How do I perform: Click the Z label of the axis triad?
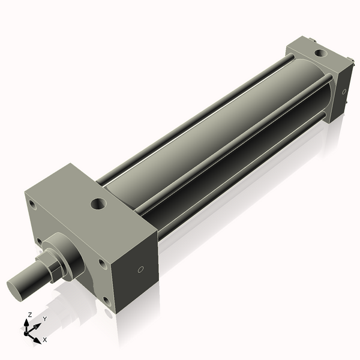(x=30, y=314)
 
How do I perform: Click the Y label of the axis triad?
(x=44, y=319)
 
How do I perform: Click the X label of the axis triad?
(x=45, y=340)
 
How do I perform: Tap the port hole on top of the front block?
(x=97, y=205)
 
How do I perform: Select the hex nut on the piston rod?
(x=48, y=266)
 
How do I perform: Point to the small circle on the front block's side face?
(x=140, y=269)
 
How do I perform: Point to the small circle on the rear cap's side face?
(x=344, y=92)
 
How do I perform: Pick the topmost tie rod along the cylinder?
(x=198, y=114)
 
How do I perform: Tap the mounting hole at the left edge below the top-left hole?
(x=40, y=241)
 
